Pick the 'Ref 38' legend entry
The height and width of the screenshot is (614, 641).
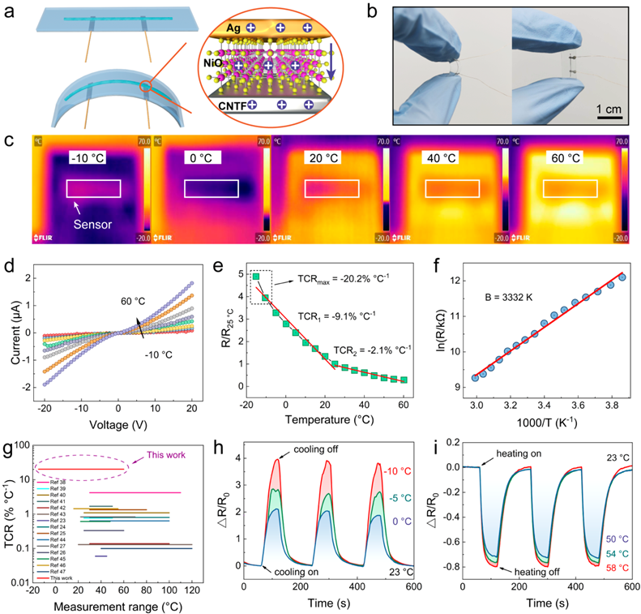coord(62,483)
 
